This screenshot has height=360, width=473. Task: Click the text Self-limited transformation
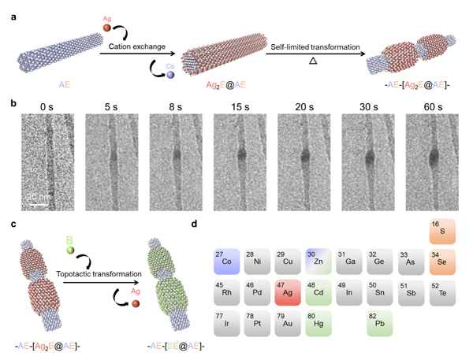(x=320, y=49)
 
